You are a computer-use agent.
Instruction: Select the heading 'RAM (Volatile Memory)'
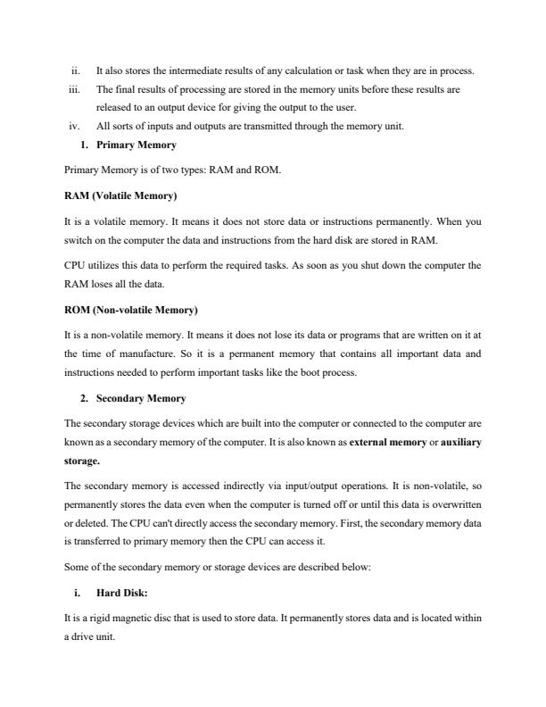coord(120,195)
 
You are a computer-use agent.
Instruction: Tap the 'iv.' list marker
coord(75,126)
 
